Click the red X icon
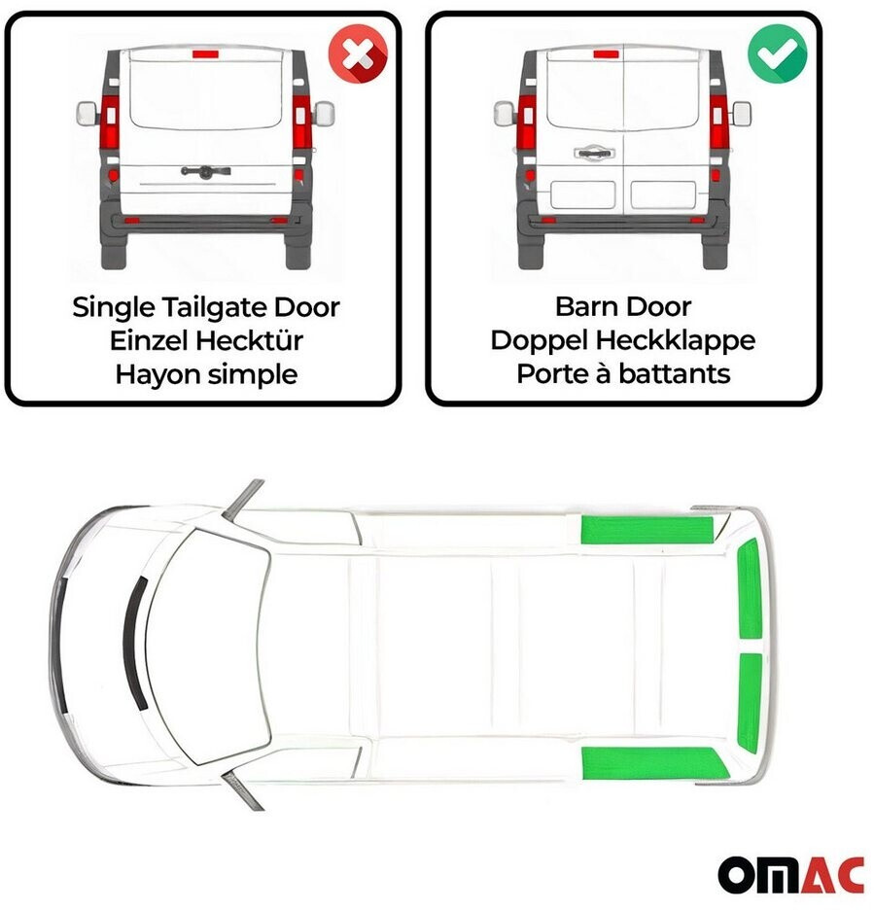click(358, 54)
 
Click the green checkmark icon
click(777, 54)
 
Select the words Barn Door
click(623, 306)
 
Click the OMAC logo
click(791, 875)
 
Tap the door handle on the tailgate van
click(205, 171)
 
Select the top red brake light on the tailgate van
click(205, 54)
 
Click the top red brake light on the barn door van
click(607, 54)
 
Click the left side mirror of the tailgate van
click(87, 114)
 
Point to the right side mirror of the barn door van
click(742, 114)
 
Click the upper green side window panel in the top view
click(647, 529)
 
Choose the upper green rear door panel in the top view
click(750, 589)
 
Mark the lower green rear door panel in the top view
click(750, 703)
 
